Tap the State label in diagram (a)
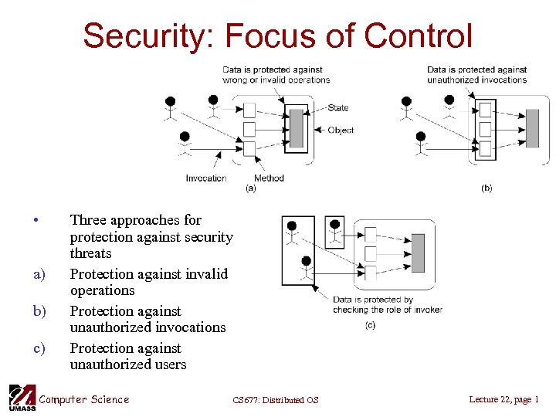point(338,108)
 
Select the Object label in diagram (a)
point(341,131)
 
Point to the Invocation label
point(206,178)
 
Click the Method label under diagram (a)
point(269,178)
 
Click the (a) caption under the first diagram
point(250,188)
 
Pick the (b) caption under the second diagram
point(486,188)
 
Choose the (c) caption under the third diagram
point(370,325)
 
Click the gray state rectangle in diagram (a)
point(297,129)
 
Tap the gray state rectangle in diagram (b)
point(532,128)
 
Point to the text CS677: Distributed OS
point(275,400)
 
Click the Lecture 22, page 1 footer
point(503,399)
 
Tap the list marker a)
point(39,274)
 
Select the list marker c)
point(39,348)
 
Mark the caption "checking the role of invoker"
point(388,310)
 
